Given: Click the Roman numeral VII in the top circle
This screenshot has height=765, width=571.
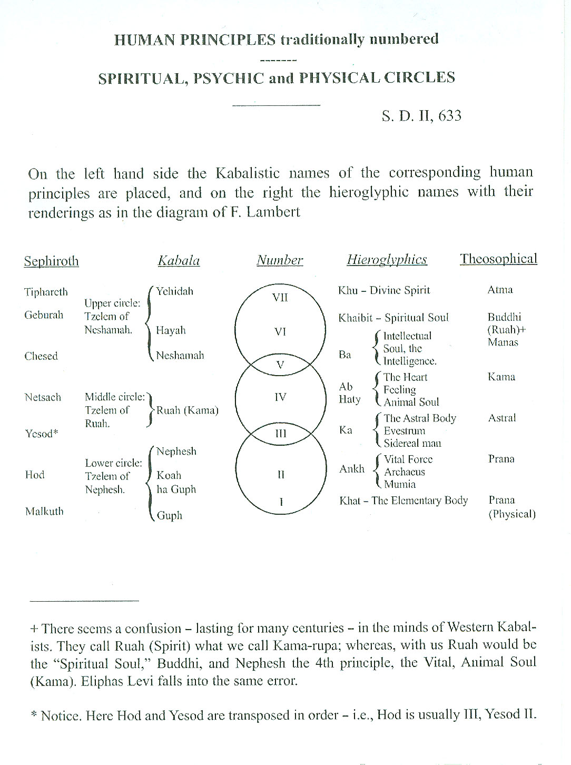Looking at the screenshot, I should [280, 298].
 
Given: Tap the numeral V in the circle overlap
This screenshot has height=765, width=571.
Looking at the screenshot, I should [280, 365].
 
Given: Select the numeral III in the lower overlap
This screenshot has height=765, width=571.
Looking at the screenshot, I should [281, 434].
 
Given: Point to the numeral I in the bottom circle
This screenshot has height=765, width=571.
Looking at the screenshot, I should [281, 502].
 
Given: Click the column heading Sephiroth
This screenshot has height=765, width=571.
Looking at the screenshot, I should [51, 261].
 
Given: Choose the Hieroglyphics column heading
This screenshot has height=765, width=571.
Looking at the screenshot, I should [387, 260].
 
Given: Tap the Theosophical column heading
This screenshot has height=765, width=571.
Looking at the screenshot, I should [498, 259].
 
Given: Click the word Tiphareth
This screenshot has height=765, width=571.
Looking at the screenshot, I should [46, 292].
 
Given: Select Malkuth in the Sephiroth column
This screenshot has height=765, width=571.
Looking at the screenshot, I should [44, 512].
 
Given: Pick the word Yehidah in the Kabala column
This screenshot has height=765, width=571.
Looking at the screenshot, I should [174, 291].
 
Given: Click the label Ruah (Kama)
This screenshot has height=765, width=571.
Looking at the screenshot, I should [187, 410].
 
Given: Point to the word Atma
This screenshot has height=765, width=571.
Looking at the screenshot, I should [500, 290].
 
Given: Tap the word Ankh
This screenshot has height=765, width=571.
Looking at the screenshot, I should [352, 469].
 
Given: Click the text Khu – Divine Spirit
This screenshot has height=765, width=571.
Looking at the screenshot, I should [384, 290].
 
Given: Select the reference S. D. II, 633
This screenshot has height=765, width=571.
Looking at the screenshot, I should [421, 116].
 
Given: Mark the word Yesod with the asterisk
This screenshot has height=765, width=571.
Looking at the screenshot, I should [41, 434].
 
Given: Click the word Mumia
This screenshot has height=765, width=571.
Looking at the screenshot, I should [400, 484].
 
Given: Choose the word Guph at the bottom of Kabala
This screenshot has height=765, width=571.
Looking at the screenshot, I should [169, 516].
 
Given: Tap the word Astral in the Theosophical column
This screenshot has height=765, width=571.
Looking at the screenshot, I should [502, 418].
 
